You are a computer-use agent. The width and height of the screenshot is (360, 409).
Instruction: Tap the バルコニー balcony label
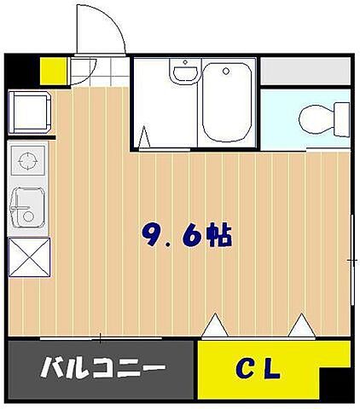pyautogui.click(x=103, y=369)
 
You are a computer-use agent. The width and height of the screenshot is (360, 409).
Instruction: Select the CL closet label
pyautogui.click(x=258, y=369)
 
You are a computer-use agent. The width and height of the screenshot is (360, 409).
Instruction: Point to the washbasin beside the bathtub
pyautogui.click(x=182, y=74)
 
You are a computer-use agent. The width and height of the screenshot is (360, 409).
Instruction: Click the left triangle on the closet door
pyautogui.click(x=214, y=325)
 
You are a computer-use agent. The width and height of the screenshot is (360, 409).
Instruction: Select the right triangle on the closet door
pyautogui.click(x=301, y=325)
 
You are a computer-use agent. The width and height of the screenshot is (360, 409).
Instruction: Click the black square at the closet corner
pyautogui.click(x=334, y=383)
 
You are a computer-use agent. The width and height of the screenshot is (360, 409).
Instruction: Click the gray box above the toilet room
pyautogui.click(x=305, y=71)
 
